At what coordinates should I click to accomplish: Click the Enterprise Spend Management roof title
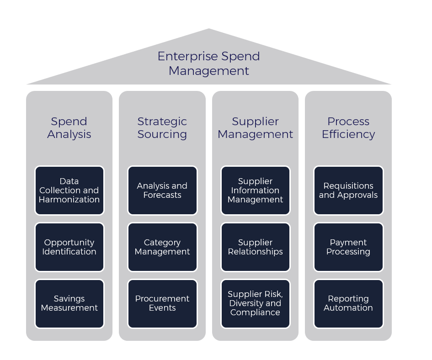[208, 64]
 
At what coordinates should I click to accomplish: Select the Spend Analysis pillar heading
[69, 128]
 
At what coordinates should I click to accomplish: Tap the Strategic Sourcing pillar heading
[162, 128]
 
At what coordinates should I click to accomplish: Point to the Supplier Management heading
[255, 128]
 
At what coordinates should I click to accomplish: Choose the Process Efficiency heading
[348, 128]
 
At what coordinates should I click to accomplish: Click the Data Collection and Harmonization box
[69, 191]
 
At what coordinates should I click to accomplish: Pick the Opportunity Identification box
[69, 247]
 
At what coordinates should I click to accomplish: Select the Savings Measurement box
[69, 303]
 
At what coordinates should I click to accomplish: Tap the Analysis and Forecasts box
[162, 191]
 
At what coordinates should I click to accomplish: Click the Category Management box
[162, 247]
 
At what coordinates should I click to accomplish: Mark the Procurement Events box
[162, 303]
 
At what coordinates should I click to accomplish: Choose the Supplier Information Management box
[255, 191]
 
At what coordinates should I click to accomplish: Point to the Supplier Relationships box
[255, 247]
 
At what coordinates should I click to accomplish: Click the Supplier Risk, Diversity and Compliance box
[255, 303]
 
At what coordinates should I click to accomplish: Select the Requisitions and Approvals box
[348, 191]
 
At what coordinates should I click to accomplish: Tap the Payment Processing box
[348, 247]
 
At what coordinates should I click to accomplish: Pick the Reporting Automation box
[348, 303]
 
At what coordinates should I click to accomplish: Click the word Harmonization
[69, 200]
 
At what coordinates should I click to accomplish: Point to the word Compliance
[255, 312]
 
